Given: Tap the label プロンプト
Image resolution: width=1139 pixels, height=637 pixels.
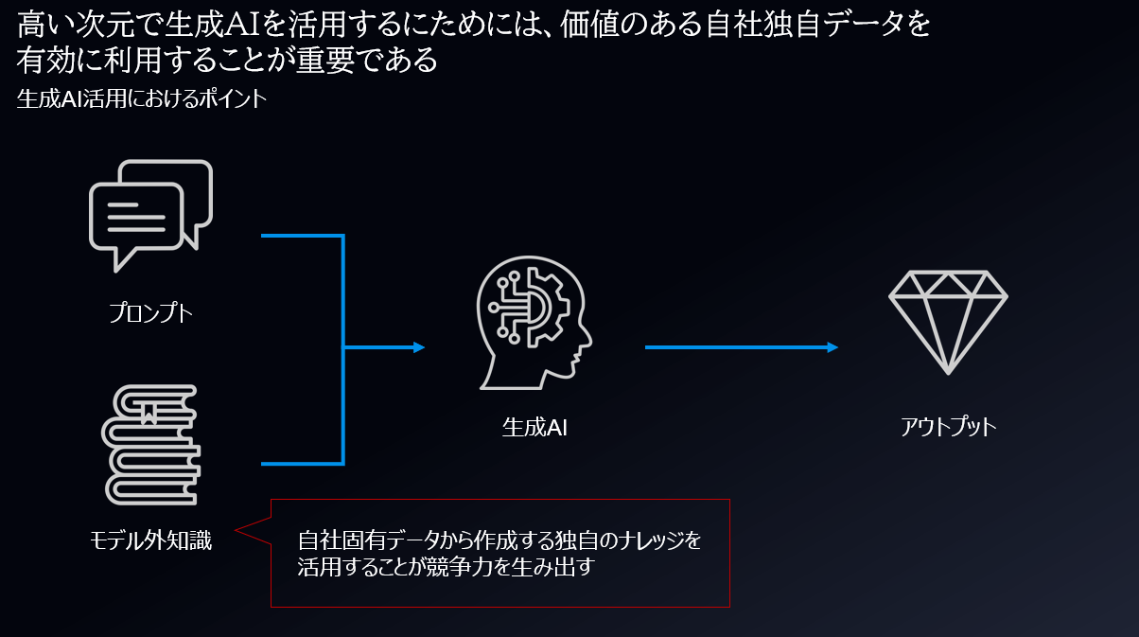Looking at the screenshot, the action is coord(150,312).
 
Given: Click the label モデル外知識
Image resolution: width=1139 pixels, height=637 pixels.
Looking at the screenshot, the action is coord(150,540).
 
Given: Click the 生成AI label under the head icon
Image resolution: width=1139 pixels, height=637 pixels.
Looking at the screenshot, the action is coord(534,427).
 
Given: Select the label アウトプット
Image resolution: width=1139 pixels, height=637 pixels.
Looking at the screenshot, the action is coord(948,427).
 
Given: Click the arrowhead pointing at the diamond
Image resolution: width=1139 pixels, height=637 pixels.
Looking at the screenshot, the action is coord(832,347).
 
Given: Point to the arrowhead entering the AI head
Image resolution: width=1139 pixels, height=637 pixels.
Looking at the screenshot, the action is coord(419,347).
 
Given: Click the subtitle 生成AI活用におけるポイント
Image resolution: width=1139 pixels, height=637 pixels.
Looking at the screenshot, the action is coord(141,99).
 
